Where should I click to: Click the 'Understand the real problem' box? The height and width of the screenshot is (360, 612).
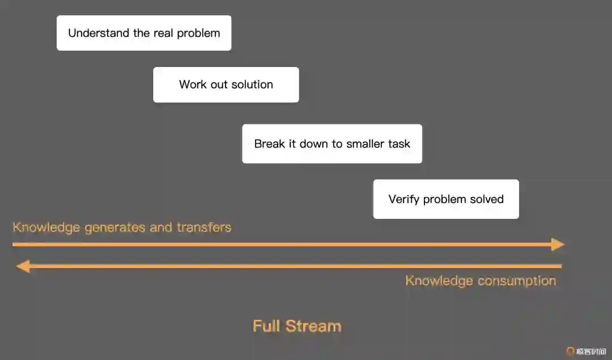(x=144, y=33)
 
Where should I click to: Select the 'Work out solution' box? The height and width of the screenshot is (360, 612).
(x=226, y=84)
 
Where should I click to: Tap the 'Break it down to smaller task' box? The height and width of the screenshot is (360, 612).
(x=331, y=143)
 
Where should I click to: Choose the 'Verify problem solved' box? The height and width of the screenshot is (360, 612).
(x=445, y=199)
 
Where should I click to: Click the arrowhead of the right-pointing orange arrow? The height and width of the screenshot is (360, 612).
(x=558, y=244)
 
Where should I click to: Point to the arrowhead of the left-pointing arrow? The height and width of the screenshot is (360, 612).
(x=23, y=266)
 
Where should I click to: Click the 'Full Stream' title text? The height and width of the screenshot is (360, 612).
(x=297, y=326)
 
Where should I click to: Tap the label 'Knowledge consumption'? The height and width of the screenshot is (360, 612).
(x=481, y=281)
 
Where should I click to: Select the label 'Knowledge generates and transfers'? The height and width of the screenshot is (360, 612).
(x=122, y=227)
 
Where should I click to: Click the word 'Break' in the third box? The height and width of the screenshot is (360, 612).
(x=270, y=143)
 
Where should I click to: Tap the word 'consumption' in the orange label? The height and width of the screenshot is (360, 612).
(x=516, y=281)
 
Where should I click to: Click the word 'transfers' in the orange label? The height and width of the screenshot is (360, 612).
(x=204, y=227)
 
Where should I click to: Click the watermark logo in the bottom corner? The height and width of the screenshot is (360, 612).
(x=571, y=351)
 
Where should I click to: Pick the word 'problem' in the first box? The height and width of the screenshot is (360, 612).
(x=198, y=33)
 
